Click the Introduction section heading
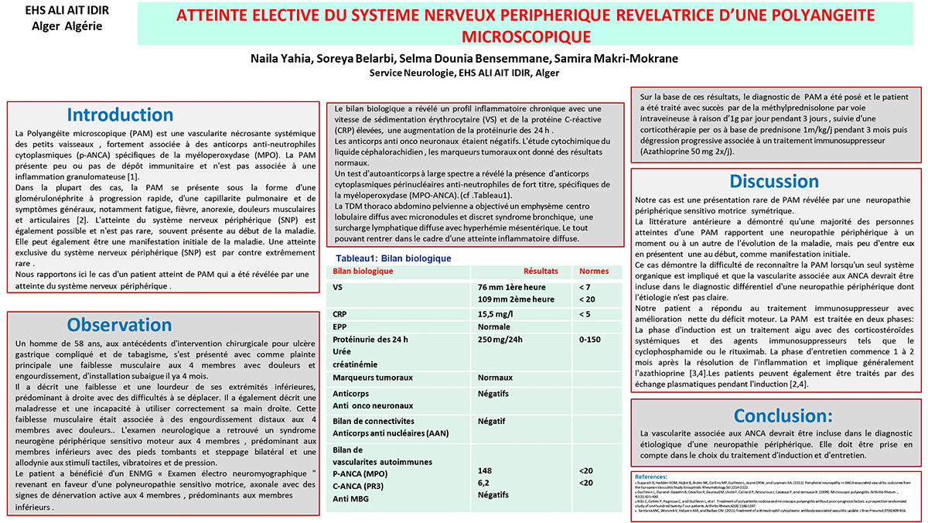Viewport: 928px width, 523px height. coord(120,115)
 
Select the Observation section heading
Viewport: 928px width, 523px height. coord(119,325)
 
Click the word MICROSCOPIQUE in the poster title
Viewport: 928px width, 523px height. coord(525,36)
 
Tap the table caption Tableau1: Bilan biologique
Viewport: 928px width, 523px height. coord(393,258)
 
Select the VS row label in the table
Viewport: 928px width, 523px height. coord(337,287)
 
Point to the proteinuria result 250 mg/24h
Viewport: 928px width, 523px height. coord(500,340)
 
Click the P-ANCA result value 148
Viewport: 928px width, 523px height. coord(485,470)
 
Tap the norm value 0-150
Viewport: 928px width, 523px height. coord(589,340)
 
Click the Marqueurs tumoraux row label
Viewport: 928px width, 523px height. coord(367,378)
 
